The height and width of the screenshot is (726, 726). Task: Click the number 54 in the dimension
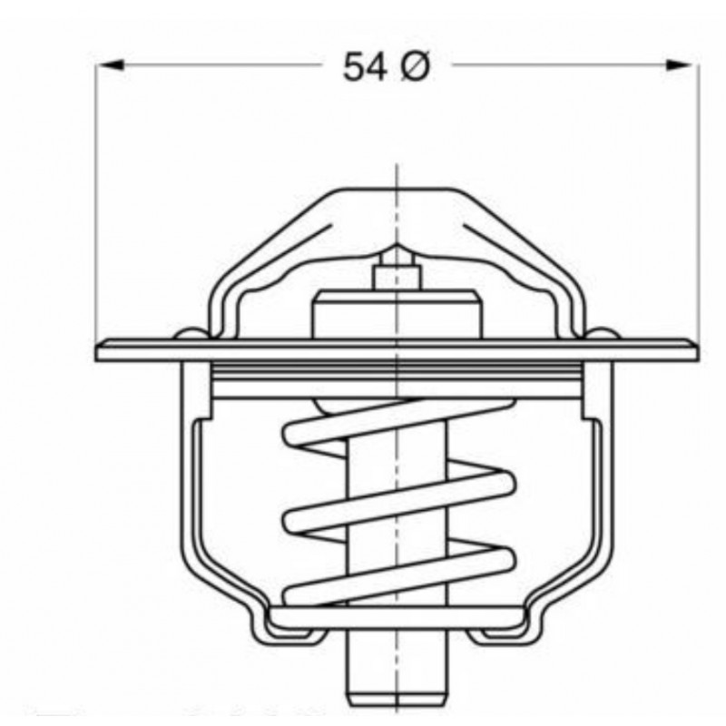click(365, 66)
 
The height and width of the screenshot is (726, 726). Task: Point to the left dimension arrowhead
click(111, 64)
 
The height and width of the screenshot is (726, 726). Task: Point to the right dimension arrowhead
click(681, 64)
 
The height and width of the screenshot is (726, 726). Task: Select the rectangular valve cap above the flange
click(397, 315)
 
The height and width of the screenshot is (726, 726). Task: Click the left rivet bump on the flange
click(191, 334)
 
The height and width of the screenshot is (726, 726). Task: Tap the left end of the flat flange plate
click(97, 350)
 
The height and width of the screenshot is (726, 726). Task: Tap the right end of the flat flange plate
click(695, 350)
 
